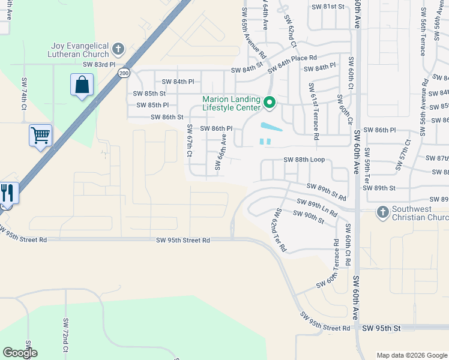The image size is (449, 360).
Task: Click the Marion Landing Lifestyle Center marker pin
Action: (x=270, y=103)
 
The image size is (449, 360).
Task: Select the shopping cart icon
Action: (x=41, y=136)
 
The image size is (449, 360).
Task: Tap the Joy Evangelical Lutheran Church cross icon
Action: (x=118, y=49)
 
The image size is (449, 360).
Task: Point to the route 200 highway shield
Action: (x=124, y=73)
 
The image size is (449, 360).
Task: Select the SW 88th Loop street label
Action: (x=304, y=160)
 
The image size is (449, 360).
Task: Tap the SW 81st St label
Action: (x=329, y=7)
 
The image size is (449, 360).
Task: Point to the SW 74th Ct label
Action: (x=25, y=94)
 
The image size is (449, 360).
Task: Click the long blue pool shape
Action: (x=271, y=127)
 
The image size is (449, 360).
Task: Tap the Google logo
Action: (x=20, y=353)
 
